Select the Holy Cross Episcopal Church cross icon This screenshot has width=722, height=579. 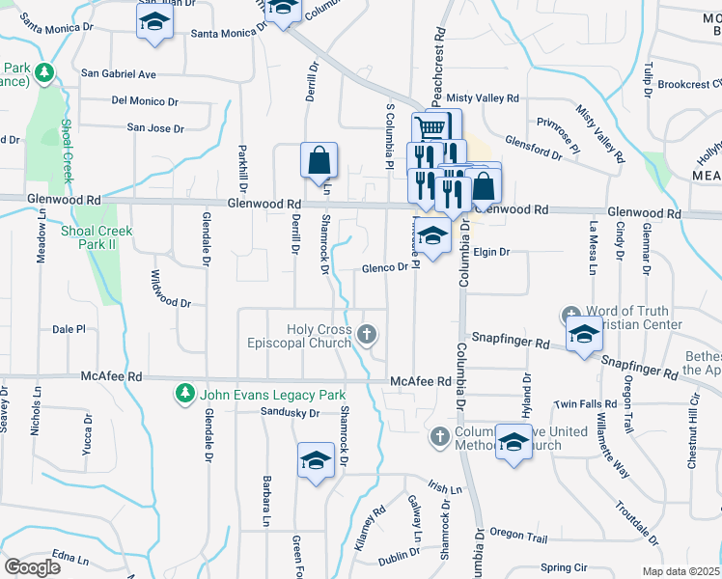pos(366,335)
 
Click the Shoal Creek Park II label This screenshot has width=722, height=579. pos(96,237)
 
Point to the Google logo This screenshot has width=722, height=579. pos(32,566)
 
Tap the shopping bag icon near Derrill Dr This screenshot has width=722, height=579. pos(318,160)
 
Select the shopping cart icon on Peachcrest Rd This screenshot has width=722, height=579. pos(432,127)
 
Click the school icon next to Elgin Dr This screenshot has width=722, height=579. pos(432,235)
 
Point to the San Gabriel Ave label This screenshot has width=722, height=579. pos(118,73)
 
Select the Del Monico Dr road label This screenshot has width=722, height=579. pos(147,99)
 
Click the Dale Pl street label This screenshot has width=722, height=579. pos(69,329)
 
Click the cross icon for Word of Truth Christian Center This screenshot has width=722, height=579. pos(571,316)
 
